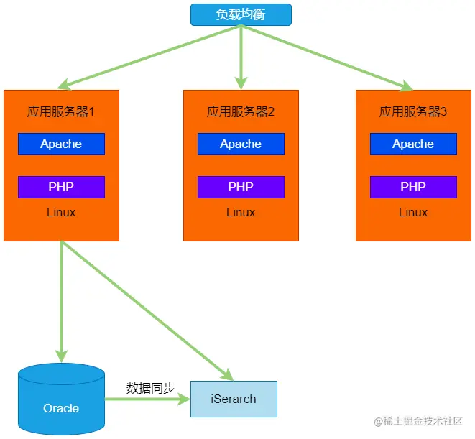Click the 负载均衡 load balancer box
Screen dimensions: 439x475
(x=241, y=14)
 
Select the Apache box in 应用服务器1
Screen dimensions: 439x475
(x=61, y=144)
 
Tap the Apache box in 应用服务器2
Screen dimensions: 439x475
(x=241, y=144)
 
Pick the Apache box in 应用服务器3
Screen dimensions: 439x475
(x=413, y=144)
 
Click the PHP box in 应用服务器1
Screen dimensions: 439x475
(x=61, y=187)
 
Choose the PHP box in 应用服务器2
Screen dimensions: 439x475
(x=241, y=187)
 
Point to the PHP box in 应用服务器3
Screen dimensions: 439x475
(x=413, y=187)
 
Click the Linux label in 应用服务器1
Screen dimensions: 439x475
(x=61, y=213)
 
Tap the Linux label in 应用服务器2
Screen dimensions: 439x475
(x=241, y=213)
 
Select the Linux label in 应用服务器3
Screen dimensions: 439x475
(x=413, y=213)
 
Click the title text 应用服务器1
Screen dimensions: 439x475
(x=61, y=112)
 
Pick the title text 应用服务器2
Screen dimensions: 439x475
(x=241, y=112)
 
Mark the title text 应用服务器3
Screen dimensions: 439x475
(x=413, y=112)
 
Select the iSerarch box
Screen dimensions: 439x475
(x=234, y=399)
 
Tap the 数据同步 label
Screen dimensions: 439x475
(x=150, y=388)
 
